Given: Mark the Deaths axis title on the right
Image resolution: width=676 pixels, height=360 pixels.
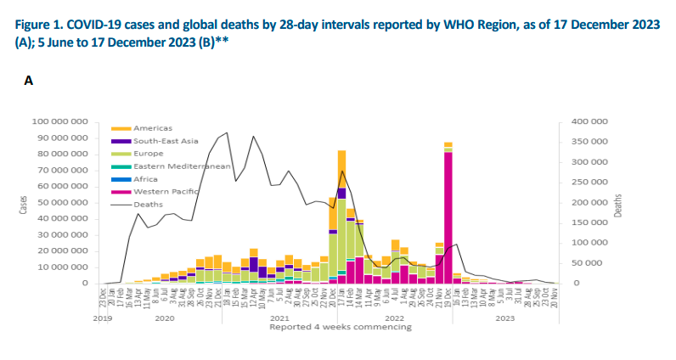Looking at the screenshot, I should pos(620,202).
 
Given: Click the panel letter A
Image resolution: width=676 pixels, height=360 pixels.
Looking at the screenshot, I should pos(28,81).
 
